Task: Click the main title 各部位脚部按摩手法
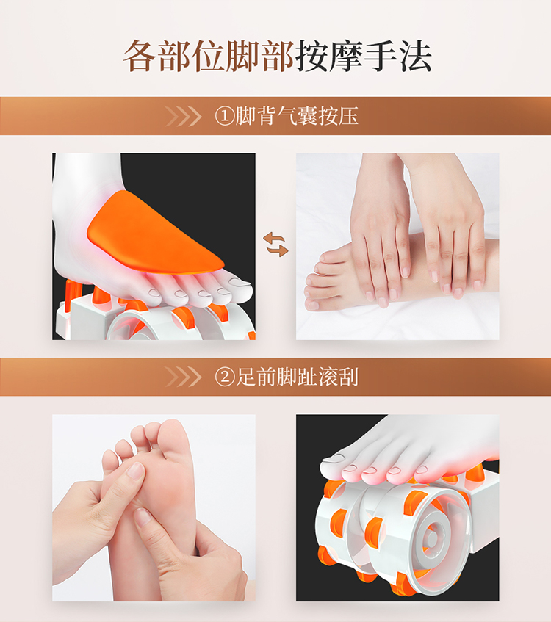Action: click(x=277, y=57)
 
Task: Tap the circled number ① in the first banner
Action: click(x=225, y=117)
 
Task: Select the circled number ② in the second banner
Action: click(x=225, y=377)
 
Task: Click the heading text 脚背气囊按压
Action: click(x=297, y=116)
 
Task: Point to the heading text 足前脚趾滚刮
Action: click(x=297, y=377)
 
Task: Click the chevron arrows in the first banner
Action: click(x=183, y=117)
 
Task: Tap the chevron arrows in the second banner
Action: click(x=183, y=377)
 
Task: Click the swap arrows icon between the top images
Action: click(x=275, y=245)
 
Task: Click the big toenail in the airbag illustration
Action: click(x=240, y=282)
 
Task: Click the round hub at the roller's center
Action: click(x=431, y=538)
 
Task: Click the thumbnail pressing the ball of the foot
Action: click(x=137, y=471)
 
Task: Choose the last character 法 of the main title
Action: click(x=415, y=57)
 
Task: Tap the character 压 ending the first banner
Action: click(x=348, y=116)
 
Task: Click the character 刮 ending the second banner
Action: click(x=348, y=377)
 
